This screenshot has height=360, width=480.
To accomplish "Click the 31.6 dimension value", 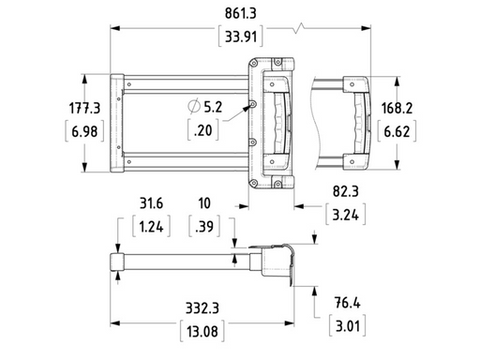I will point(152,202).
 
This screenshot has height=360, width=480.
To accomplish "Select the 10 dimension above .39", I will point(204,202).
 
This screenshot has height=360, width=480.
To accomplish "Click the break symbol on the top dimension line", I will point(299,28).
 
